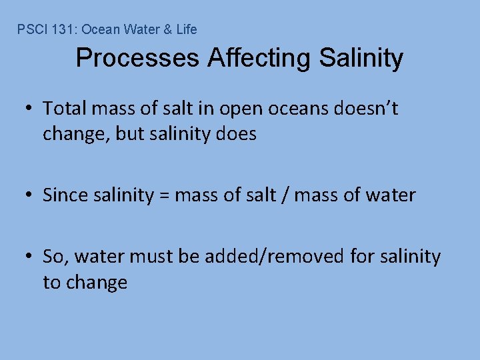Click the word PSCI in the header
click(29, 29)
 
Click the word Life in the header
click(187, 29)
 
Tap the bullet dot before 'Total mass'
click(30, 109)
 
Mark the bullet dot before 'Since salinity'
click(30, 196)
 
